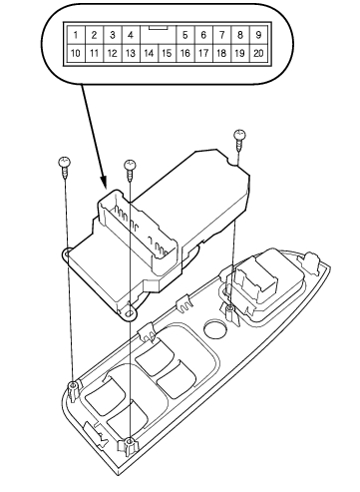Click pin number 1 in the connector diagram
tap(76, 35)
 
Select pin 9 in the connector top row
tap(258, 35)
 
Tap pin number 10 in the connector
tap(76, 53)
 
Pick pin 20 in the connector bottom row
tap(258, 53)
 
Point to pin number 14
tap(149, 53)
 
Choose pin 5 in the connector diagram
tap(185, 35)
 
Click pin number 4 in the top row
tap(131, 35)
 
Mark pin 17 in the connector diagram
tap(203, 53)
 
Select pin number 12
tap(113, 53)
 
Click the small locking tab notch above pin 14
tap(158, 28)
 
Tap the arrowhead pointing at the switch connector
tap(104, 182)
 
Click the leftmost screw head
tap(65, 162)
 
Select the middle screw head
tap(130, 165)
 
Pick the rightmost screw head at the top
tap(239, 135)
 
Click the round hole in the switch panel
tap(216, 328)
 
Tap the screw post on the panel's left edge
tap(73, 389)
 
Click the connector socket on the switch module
tap(138, 232)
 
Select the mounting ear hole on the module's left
tap(66, 254)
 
